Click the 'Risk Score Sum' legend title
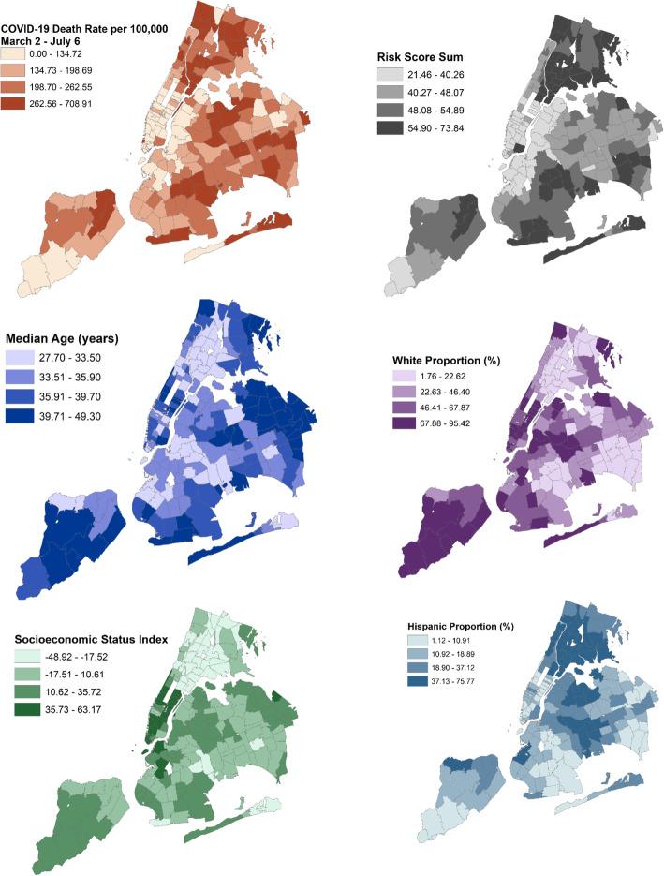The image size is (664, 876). click(415, 56)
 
